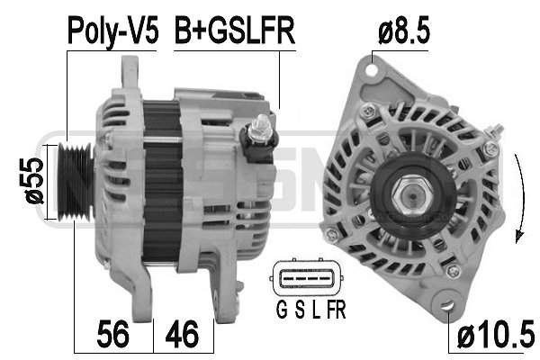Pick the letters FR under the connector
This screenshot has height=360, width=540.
(334, 312)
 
